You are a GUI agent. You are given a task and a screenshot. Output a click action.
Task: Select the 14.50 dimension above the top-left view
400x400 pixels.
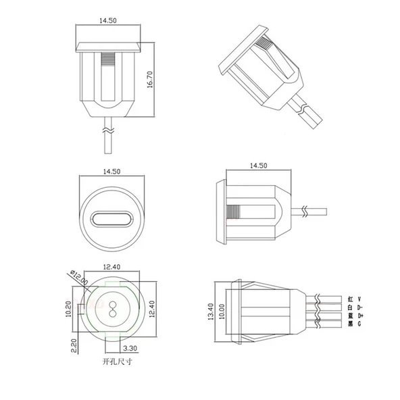(x=108, y=22)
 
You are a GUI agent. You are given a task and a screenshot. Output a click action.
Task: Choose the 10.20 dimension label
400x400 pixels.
(x=69, y=310)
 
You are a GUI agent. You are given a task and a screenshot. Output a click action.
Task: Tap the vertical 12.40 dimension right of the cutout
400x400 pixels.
(x=151, y=309)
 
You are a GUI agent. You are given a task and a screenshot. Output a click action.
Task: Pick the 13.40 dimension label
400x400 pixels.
(x=211, y=311)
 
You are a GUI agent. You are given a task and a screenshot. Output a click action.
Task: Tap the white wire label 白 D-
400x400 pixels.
(x=355, y=307)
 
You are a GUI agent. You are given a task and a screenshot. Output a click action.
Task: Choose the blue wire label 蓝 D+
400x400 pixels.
(x=355, y=316)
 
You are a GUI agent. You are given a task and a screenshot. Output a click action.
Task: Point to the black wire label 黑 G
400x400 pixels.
(x=355, y=324)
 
